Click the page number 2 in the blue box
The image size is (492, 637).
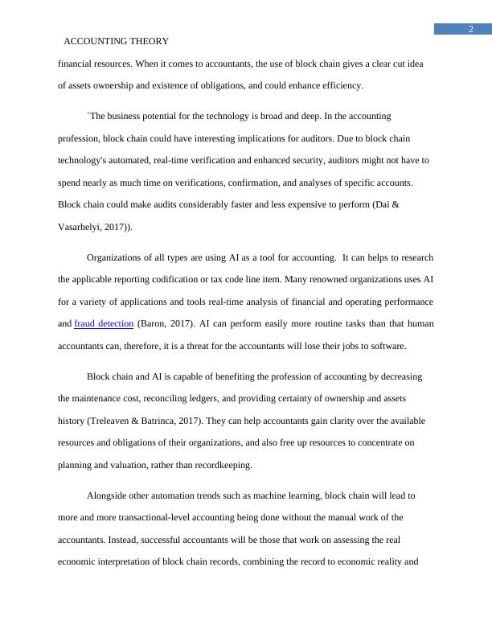pyautogui.click(x=471, y=30)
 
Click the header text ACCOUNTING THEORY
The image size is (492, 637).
pyautogui.click(x=116, y=41)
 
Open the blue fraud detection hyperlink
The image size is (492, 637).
pyautogui.click(x=104, y=324)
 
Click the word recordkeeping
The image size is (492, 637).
pyautogui.click(x=217, y=465)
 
